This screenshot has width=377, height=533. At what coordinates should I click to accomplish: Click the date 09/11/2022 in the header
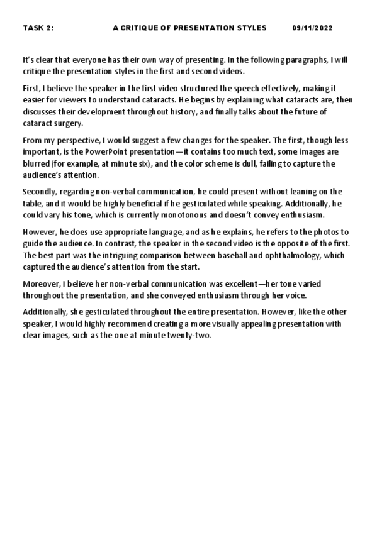click(x=313, y=28)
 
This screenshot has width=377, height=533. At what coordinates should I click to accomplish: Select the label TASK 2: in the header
click(x=38, y=28)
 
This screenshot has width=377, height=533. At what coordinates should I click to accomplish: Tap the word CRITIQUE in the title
click(x=142, y=28)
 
